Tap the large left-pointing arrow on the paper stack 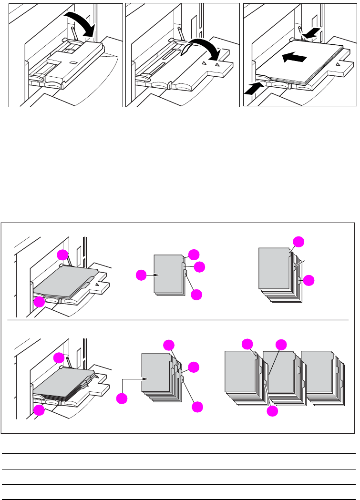(x=292, y=58)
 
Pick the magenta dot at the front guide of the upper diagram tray (x=39, y=301)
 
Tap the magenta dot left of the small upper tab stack (x=141, y=275)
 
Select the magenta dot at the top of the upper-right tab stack (x=298, y=241)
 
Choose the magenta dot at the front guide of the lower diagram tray (x=39, y=409)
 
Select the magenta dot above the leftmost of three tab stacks (x=247, y=344)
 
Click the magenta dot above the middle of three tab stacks (x=281, y=344)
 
